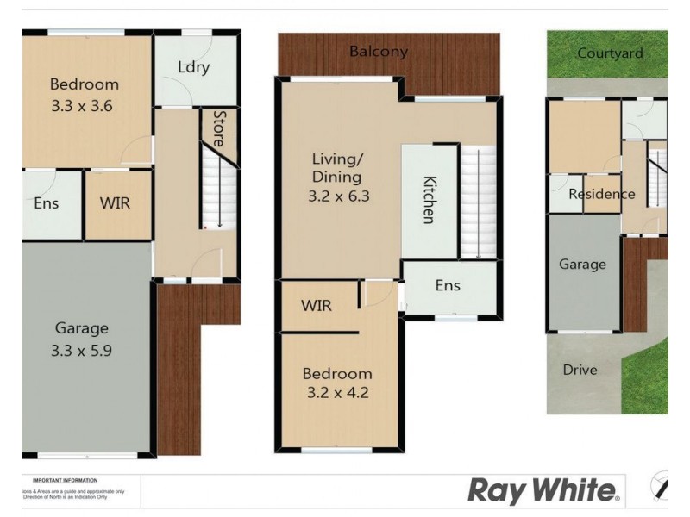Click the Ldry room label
pos(193,67)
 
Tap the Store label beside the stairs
pos(221,128)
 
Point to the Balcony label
pos(378,52)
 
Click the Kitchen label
pos(429,200)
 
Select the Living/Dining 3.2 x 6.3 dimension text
pos(338,196)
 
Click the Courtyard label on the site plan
pos(610,53)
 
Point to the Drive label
pos(580,370)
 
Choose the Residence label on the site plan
pos(601,194)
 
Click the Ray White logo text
pos(543,491)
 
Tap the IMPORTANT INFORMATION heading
pos(65,480)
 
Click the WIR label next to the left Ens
pos(116,204)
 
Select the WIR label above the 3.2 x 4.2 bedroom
pos(317,306)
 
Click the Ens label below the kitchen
pos(447,285)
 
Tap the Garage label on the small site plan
pos(582,265)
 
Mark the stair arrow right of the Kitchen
pos(477,207)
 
